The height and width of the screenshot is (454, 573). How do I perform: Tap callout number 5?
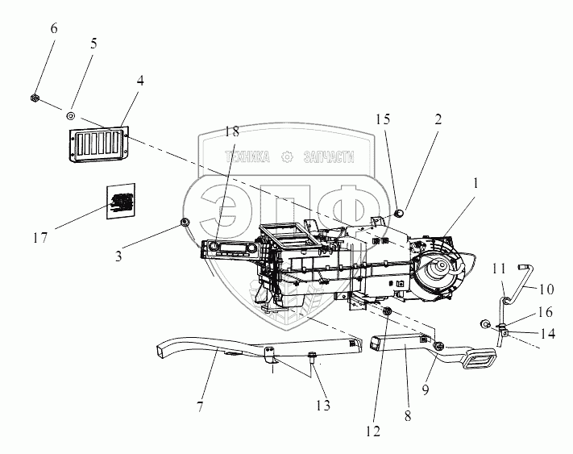pos(93,44)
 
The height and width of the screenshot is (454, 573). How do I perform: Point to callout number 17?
pos(40,238)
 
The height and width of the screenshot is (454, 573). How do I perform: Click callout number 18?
pos(232,131)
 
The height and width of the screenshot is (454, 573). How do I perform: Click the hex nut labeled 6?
pos(36,98)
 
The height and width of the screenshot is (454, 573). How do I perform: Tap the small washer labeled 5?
pos(72,115)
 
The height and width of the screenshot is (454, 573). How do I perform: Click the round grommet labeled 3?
pos(185,222)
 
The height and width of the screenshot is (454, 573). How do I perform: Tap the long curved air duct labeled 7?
pos(242,347)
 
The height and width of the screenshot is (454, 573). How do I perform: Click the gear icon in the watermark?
pos(285,158)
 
